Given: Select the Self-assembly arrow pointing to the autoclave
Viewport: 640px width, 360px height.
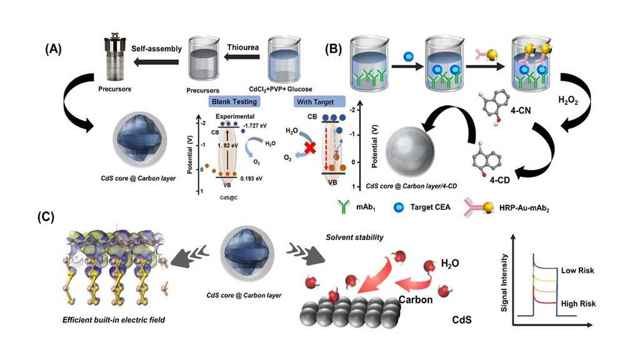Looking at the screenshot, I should [155, 61].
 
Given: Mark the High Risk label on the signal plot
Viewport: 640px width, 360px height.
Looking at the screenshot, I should [577, 303].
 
